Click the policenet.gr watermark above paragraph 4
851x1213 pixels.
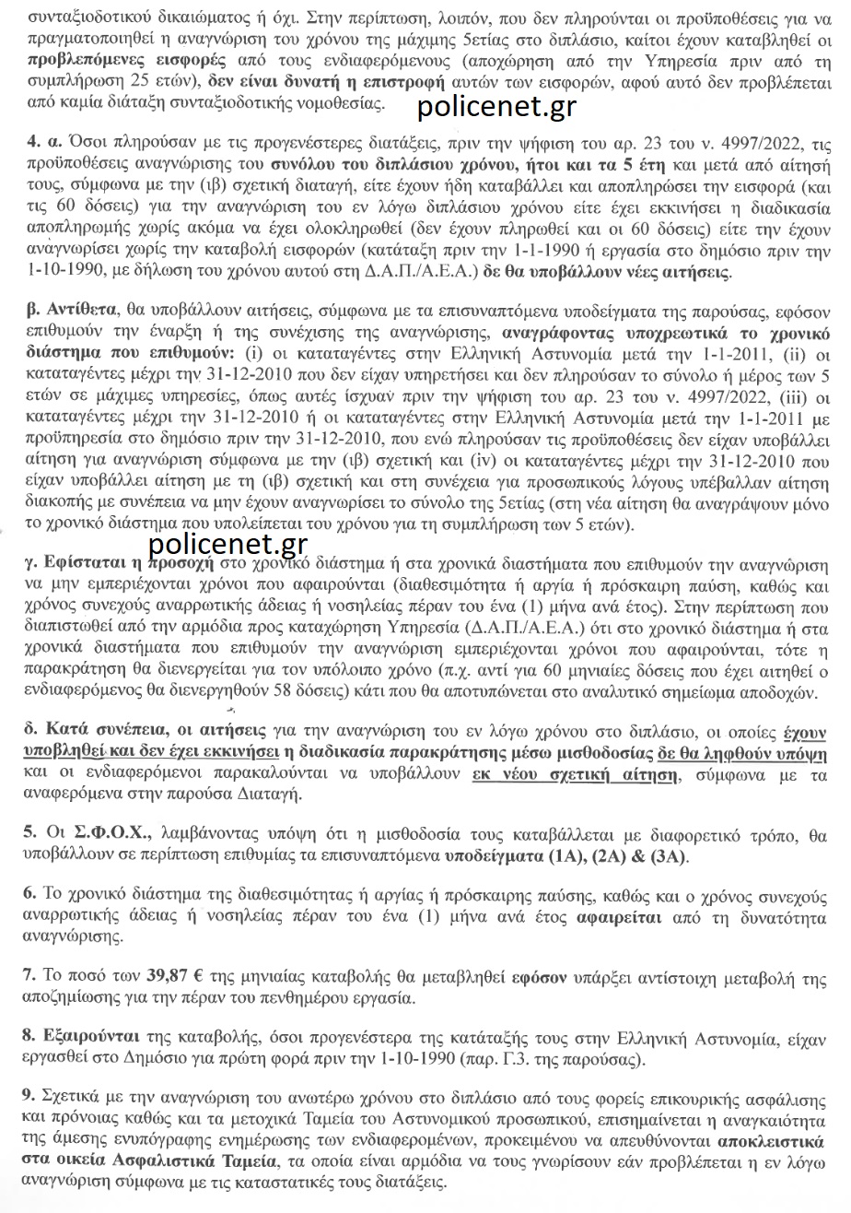point(496,107)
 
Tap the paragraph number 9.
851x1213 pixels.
point(29,1095)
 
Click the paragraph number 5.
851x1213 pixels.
point(29,835)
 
